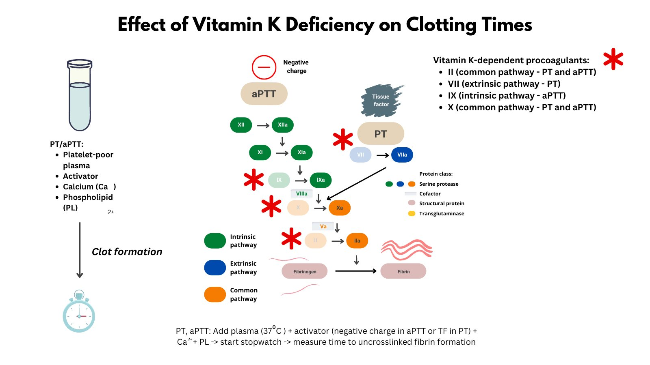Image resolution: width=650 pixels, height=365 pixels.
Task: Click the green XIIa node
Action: (x=283, y=125)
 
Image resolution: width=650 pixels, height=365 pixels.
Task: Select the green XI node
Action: (x=260, y=152)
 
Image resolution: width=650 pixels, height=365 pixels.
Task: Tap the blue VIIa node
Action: (x=402, y=155)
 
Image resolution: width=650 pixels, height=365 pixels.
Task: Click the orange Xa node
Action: (x=340, y=208)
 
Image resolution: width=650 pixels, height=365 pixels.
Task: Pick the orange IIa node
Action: (x=357, y=241)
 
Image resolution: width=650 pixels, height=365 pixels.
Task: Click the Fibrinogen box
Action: (x=305, y=271)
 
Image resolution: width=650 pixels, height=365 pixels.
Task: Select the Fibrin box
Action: (x=403, y=271)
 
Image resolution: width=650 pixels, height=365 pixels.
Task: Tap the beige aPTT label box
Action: (x=264, y=94)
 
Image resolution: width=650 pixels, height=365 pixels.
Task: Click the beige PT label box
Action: (x=381, y=134)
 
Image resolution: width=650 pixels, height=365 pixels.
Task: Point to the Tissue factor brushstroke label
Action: (x=381, y=101)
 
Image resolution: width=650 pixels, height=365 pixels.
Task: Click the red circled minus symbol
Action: (x=264, y=67)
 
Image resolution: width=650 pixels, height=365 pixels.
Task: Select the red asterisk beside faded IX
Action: (x=254, y=179)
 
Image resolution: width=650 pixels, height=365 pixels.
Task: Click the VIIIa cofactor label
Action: (x=302, y=194)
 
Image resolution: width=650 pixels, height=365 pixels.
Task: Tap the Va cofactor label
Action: (x=323, y=226)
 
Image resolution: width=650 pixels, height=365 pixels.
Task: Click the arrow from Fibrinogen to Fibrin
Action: (x=355, y=271)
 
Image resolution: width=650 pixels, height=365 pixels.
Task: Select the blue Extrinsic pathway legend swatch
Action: (x=215, y=268)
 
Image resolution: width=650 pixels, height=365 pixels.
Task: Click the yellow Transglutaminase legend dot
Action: (x=412, y=213)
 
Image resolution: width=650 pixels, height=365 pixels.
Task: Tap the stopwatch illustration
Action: (x=79, y=312)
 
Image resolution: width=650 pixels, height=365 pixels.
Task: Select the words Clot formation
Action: (x=127, y=252)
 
